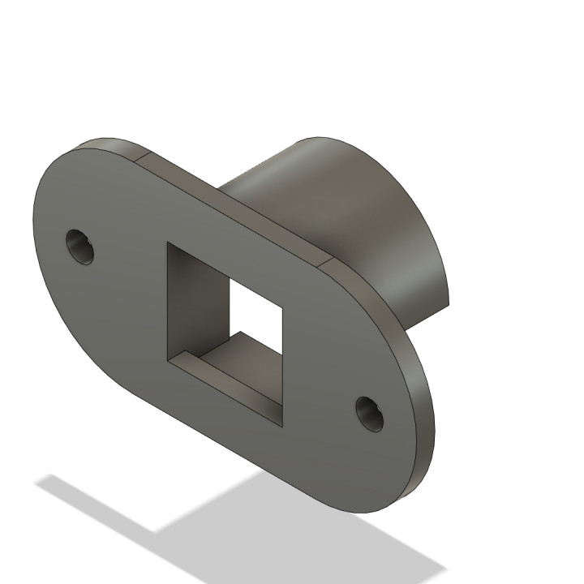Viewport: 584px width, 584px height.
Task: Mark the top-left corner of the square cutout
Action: (x=167, y=243)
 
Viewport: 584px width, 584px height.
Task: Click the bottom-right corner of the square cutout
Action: (x=282, y=426)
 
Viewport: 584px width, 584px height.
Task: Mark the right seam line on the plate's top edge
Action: (x=324, y=263)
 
